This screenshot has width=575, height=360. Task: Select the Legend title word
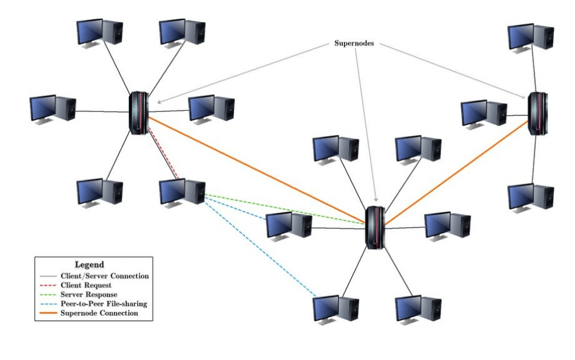pos(89,264)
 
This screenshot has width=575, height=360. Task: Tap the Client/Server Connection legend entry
pos(105,275)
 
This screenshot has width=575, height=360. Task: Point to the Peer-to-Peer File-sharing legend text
pos(105,303)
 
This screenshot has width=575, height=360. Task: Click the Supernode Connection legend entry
pos(99,313)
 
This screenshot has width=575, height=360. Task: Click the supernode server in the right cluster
pos(537,113)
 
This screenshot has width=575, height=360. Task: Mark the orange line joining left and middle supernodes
pos(255,169)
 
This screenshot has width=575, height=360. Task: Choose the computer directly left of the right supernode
pos(484,114)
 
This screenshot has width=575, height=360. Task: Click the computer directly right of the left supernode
pos(211,109)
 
